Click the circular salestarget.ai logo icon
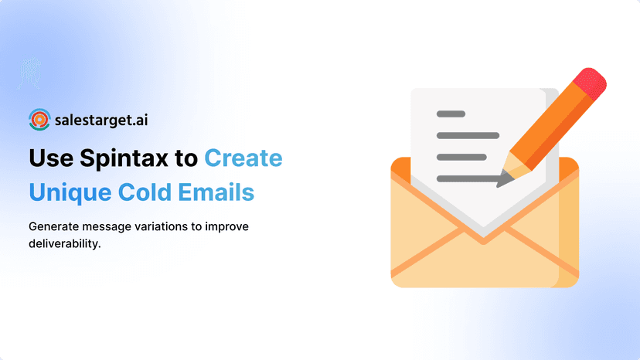coord(39,120)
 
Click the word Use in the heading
coord(52,158)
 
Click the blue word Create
coord(243,158)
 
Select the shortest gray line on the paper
coord(451,114)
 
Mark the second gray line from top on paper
coord(468,135)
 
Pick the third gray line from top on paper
coord(461,157)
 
